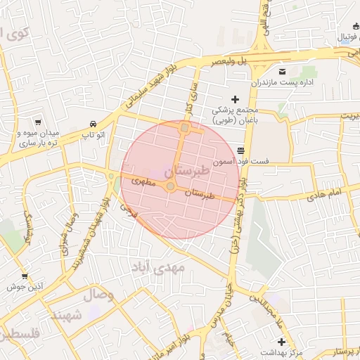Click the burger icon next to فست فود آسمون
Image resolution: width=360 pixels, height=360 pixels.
[x=241, y=150]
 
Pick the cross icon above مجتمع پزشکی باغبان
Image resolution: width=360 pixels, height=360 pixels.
[x=235, y=100]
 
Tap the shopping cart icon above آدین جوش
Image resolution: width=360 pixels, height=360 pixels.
[x=25, y=276]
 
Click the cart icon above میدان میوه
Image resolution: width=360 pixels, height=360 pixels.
[x=37, y=121]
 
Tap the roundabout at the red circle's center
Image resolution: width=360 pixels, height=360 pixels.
[x=170, y=186]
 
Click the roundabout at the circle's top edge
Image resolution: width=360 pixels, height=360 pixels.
[x=184, y=128]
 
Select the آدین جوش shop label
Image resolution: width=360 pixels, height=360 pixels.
[x=26, y=287]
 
